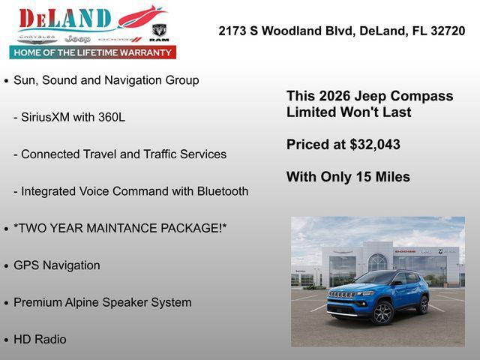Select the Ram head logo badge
[159, 30]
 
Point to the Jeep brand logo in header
[77, 38]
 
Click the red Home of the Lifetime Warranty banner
[92, 52]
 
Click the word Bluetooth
[222, 191]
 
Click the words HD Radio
[40, 339]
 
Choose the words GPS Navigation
[56, 265]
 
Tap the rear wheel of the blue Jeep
[423, 304]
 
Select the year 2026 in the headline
[334, 97]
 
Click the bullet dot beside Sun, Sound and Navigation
[7, 81]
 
